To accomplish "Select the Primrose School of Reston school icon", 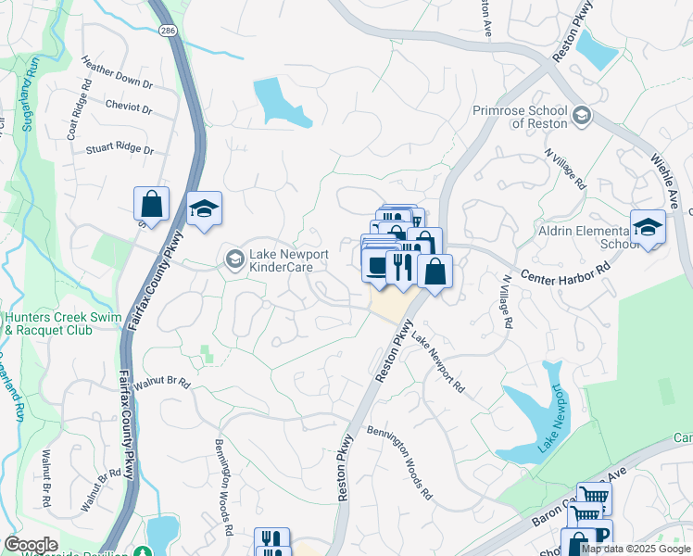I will pyautogui.click(x=581, y=115).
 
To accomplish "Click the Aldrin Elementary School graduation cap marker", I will pyautogui.click(x=648, y=225).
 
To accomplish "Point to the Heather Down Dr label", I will pyautogui.click(x=117, y=73).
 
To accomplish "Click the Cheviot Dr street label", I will pyautogui.click(x=129, y=107).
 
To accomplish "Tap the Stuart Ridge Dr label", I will pyautogui.click(x=119, y=147).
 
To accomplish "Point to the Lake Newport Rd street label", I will pyautogui.click(x=437, y=363).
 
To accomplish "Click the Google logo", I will pyautogui.click(x=31, y=545).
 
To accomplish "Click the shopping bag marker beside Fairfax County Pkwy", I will pyautogui.click(x=151, y=204).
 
